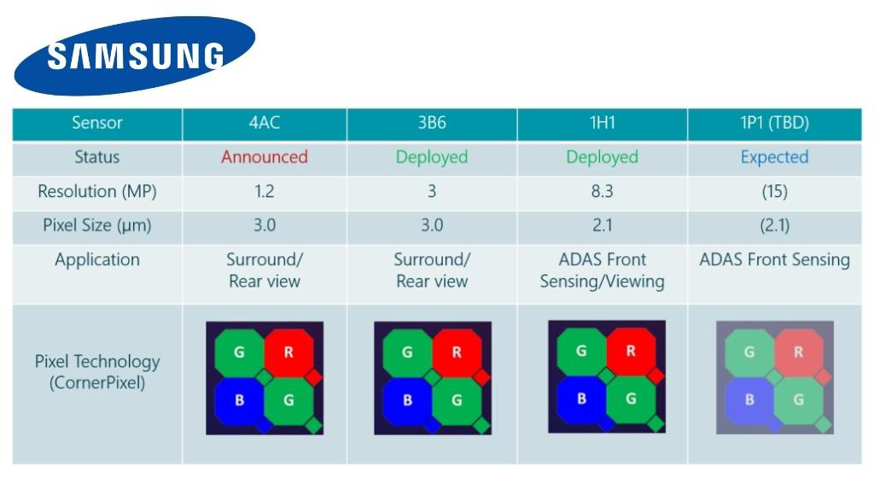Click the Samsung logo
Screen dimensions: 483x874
pos(135,56)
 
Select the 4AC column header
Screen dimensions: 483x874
pos(265,123)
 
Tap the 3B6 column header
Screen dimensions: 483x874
pos(431,123)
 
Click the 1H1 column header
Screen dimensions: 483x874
pos(602,123)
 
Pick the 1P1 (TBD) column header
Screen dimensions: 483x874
pos(774,123)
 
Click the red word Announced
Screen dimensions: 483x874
pos(265,157)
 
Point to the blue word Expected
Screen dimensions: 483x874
pos(774,157)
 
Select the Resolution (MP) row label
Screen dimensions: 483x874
pos(96,191)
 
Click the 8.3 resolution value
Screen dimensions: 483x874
pos(602,191)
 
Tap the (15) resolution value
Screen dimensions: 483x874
pos(774,191)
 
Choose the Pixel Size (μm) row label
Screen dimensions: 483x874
pos(96,226)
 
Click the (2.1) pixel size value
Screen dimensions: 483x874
pos(774,226)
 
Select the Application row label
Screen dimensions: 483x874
pos(96,260)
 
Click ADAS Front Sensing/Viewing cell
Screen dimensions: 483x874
pos(602,270)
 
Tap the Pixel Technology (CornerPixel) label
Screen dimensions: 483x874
pos(96,372)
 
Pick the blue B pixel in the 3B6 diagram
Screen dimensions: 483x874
pos(407,399)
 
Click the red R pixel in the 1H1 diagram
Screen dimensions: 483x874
pos(631,351)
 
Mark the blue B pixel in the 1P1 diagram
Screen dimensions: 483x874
pos(749,399)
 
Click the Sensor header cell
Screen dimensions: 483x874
pos(96,123)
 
